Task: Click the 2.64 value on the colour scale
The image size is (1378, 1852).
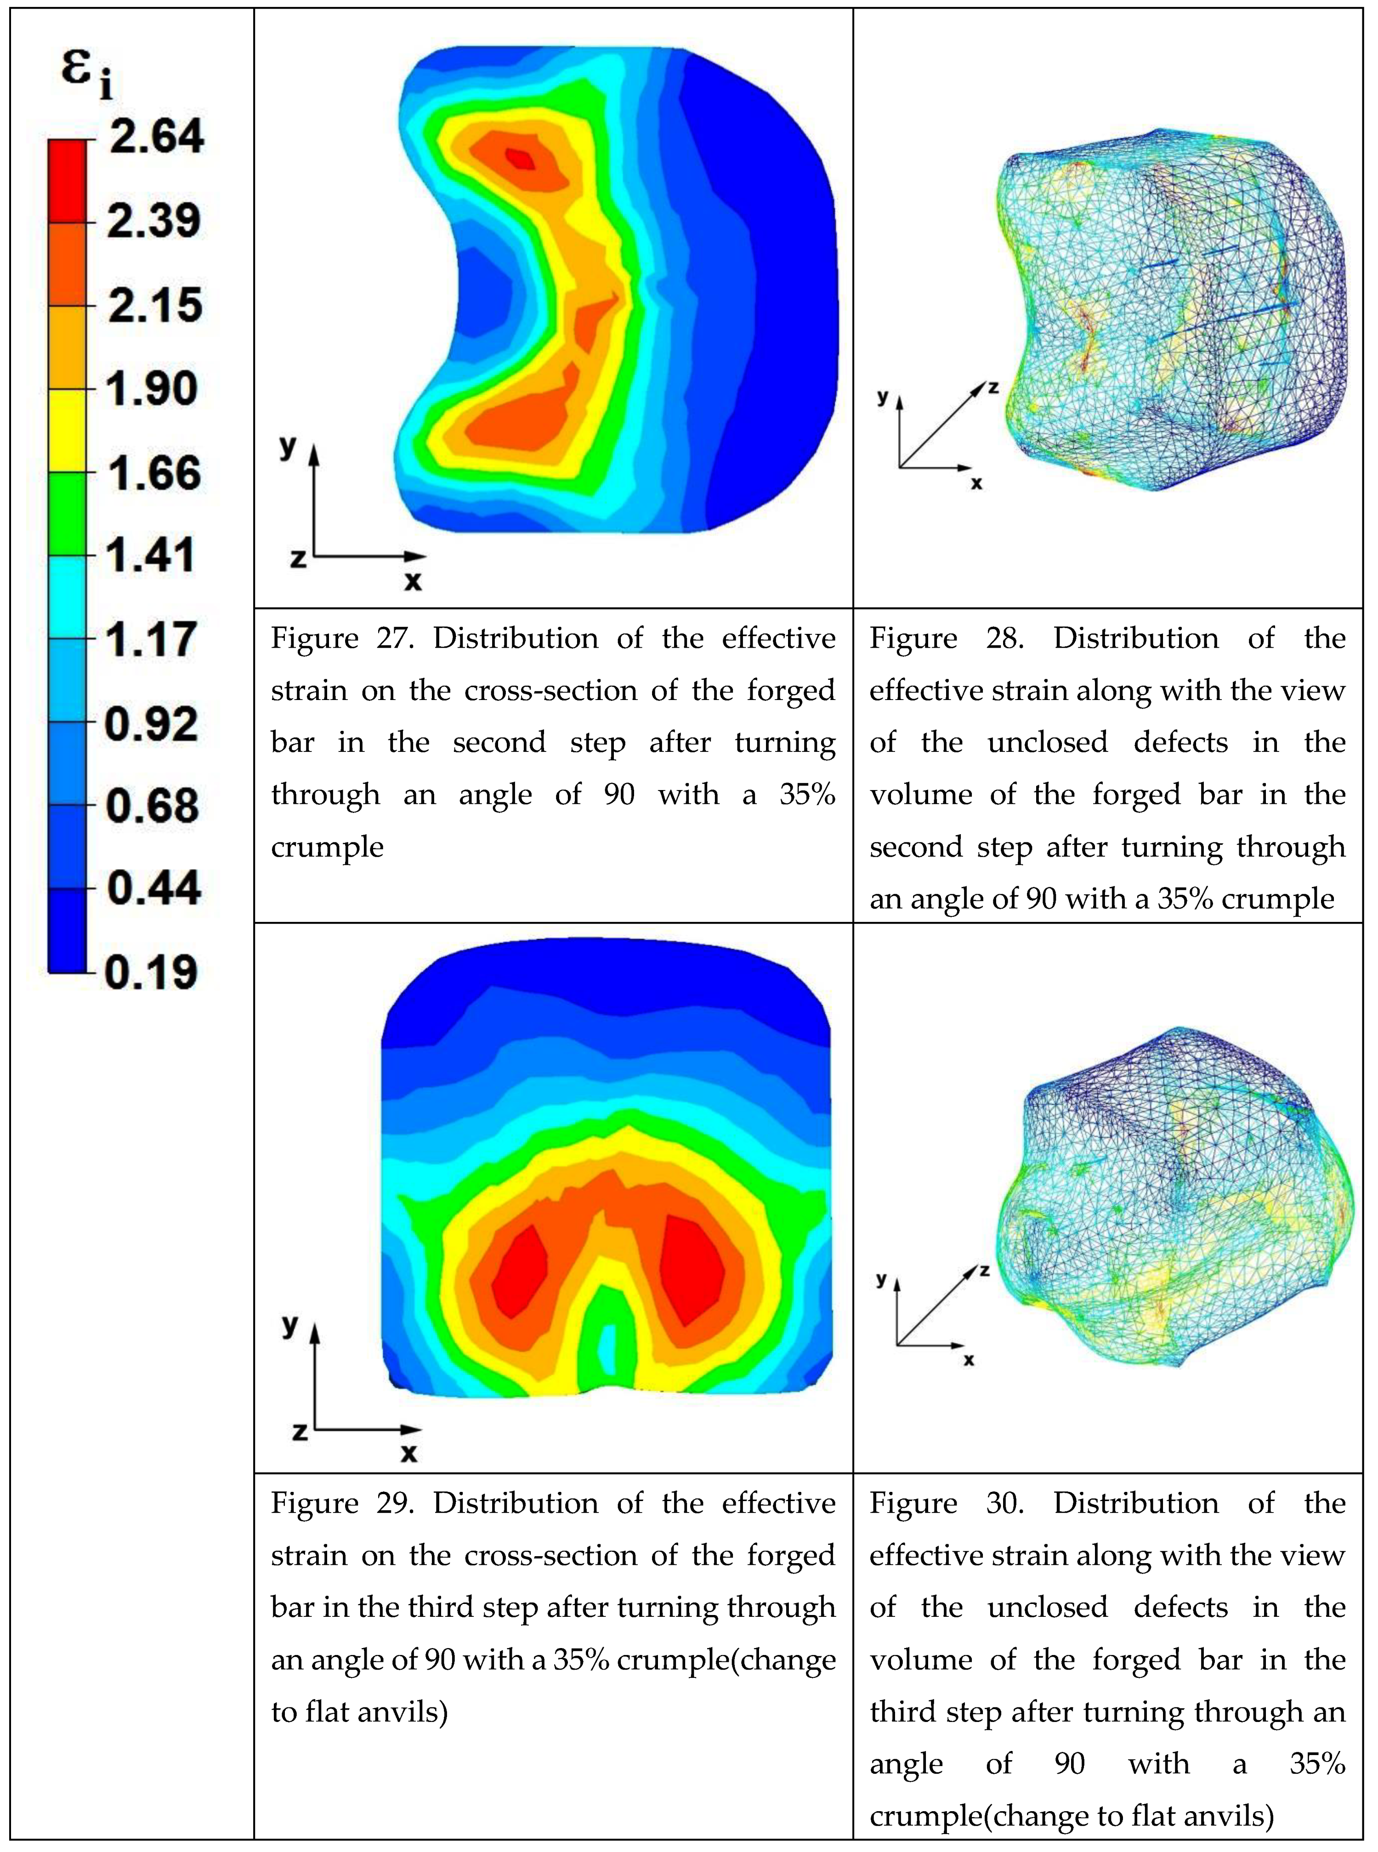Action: (x=156, y=136)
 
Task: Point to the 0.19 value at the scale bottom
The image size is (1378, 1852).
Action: (x=151, y=971)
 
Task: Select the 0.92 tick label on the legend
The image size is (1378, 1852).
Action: (x=152, y=723)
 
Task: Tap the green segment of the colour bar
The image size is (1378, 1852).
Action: (x=67, y=514)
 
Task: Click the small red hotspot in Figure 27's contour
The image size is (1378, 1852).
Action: (x=522, y=158)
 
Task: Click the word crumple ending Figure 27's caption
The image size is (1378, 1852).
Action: (x=327, y=847)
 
